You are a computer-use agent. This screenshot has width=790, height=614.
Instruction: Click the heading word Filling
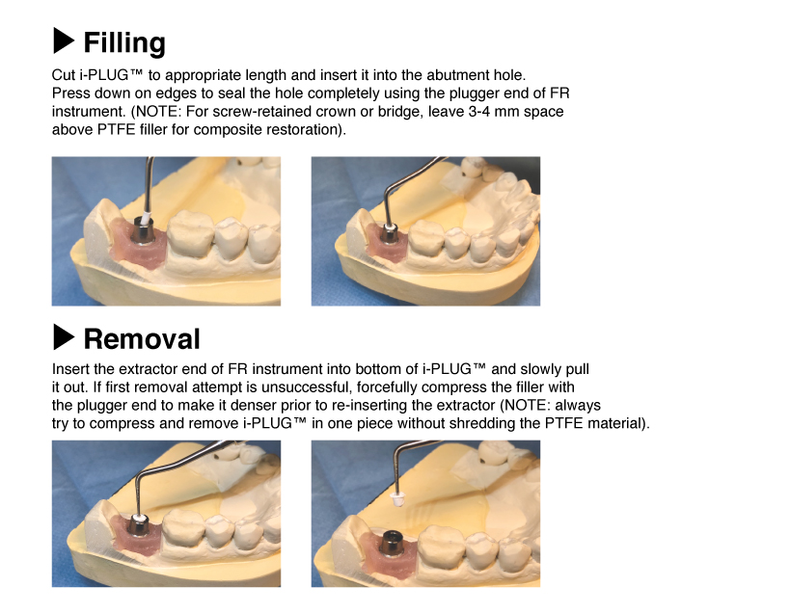[x=124, y=42]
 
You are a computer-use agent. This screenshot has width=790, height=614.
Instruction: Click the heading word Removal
[x=142, y=338]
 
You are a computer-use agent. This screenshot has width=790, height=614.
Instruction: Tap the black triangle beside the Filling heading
[x=64, y=40]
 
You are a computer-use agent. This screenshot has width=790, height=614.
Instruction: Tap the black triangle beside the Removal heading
[x=64, y=336]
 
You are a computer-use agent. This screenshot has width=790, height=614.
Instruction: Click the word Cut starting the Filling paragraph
[x=64, y=74]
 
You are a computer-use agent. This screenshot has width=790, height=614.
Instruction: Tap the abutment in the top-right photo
[x=390, y=234]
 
